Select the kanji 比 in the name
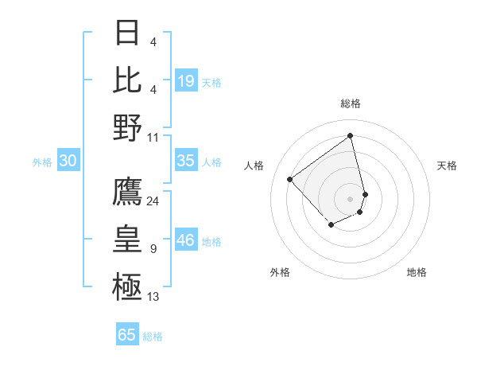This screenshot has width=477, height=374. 128,80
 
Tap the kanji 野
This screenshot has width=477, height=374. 128,127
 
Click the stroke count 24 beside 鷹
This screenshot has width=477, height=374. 153,201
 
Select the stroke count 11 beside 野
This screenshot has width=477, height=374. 153,137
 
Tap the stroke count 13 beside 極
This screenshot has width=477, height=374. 153,297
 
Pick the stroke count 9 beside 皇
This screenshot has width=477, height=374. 153,249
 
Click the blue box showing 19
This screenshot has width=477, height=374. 186,81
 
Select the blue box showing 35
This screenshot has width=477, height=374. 186,161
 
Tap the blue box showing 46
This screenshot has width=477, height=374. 186,240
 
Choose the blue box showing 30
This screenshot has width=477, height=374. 68,161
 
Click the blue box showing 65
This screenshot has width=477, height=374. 127,335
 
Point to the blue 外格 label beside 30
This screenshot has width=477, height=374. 42,162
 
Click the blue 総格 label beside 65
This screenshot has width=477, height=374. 153,337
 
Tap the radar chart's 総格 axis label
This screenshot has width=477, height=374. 351,103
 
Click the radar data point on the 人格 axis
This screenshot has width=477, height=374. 290,180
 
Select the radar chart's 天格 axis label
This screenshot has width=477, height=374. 448,166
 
